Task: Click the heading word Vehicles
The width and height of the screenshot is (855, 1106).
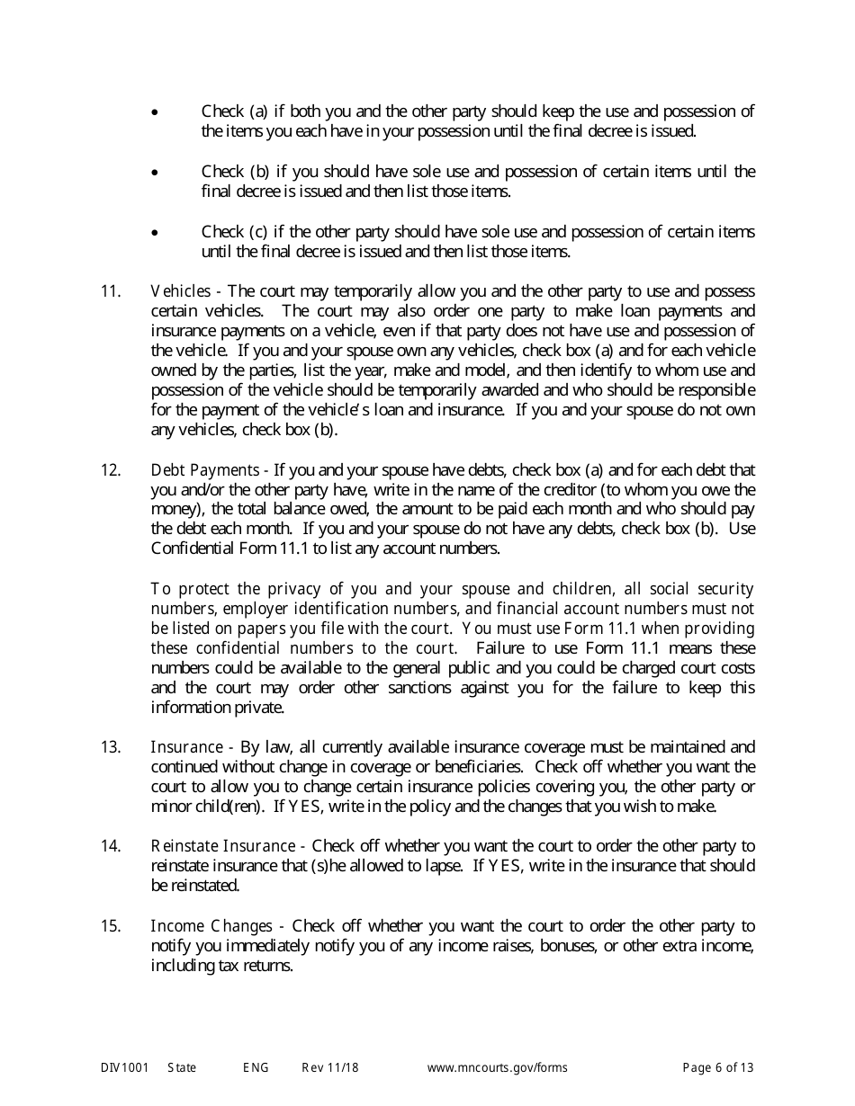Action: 180,291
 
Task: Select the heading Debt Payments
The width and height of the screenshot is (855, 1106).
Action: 205,470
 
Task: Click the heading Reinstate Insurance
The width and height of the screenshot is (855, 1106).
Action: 222,846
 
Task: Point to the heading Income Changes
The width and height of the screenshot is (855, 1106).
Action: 211,926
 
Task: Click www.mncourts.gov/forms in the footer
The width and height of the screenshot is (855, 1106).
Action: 497,1068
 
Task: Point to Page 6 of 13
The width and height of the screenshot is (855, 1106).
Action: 718,1068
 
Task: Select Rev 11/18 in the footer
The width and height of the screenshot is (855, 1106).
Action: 330,1068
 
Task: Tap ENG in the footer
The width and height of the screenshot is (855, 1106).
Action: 256,1068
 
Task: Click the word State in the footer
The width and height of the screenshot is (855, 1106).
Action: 182,1068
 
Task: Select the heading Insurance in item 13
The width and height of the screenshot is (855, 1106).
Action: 186,747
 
